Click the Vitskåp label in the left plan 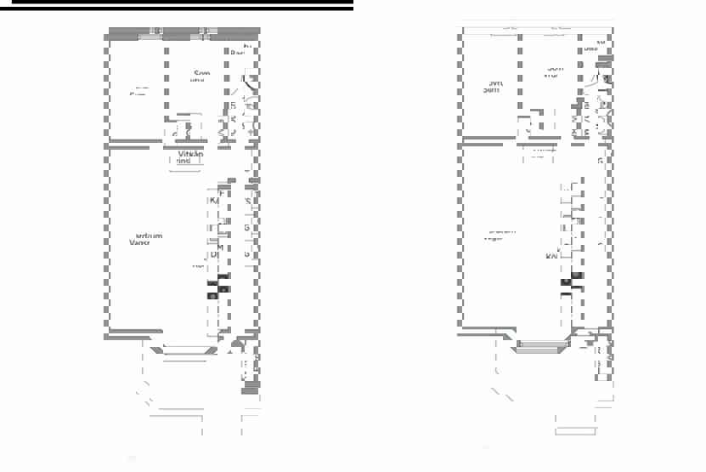189,153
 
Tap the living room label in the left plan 144,239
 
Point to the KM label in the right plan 552,255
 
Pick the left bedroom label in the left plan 138,91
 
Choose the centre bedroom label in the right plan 553,71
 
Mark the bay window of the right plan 540,346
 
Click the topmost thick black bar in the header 176,3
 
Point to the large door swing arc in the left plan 248,85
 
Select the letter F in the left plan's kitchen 221,194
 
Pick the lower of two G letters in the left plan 246,253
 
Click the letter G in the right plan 600,161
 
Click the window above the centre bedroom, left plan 204,33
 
